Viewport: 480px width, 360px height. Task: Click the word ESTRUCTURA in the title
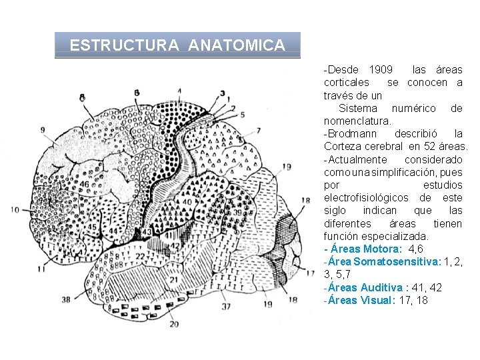(124, 46)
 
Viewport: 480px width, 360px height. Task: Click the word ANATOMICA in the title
(237, 46)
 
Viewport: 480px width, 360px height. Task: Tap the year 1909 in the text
(380, 70)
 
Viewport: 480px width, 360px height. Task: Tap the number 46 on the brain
(83, 184)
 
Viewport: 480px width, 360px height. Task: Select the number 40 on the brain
(187, 201)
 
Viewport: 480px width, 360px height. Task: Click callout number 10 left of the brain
(15, 210)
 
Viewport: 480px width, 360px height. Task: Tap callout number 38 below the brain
(65, 300)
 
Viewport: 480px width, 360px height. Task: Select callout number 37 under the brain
(227, 307)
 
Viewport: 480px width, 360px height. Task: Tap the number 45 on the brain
(91, 227)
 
